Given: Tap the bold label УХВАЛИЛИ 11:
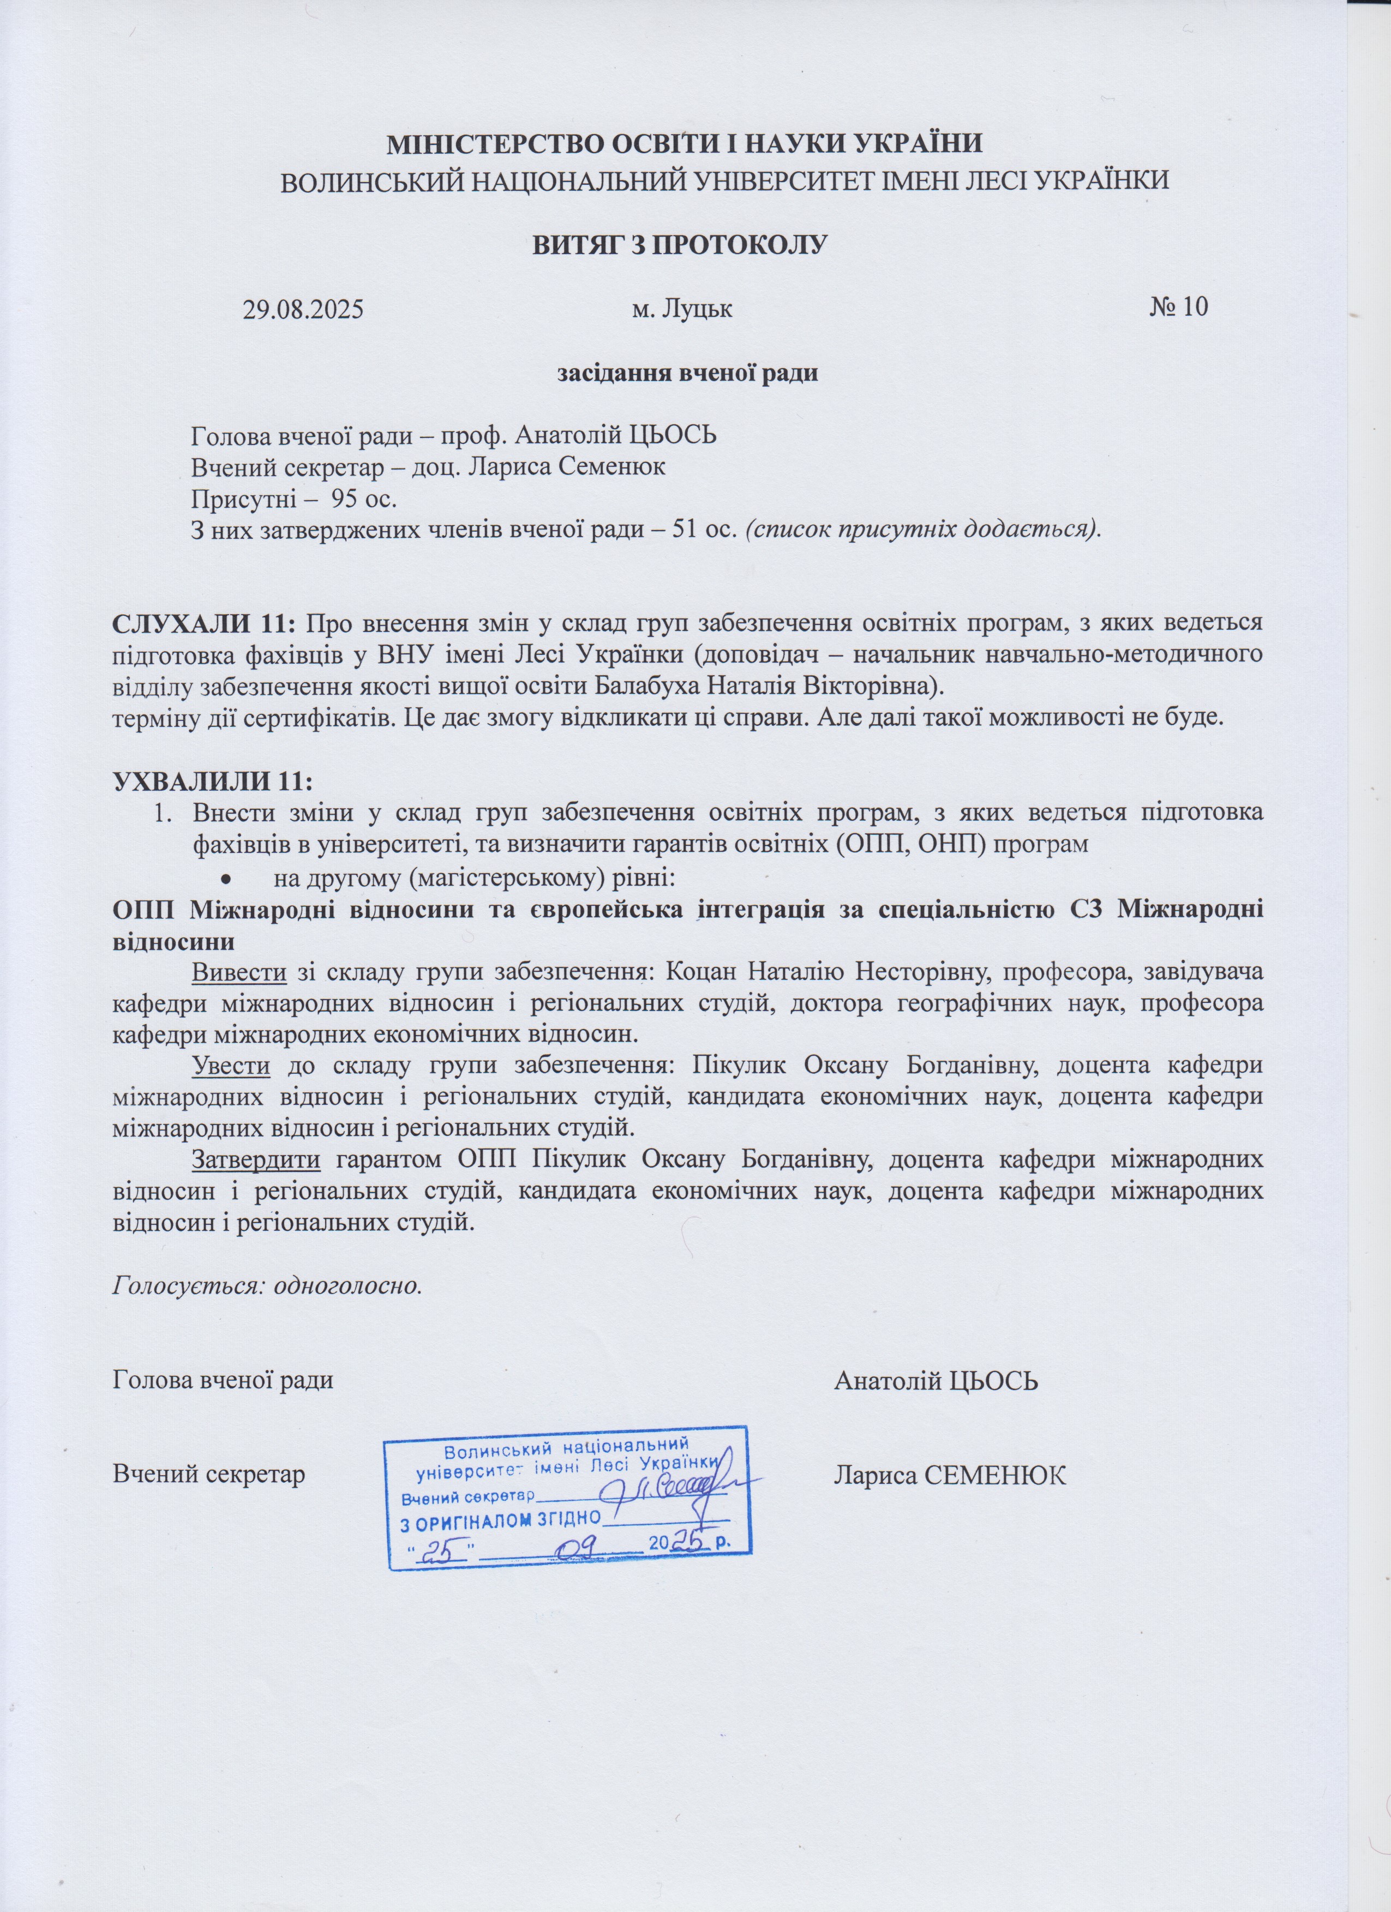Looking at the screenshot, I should (x=212, y=781).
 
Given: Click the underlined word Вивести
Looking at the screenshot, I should (x=240, y=972).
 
